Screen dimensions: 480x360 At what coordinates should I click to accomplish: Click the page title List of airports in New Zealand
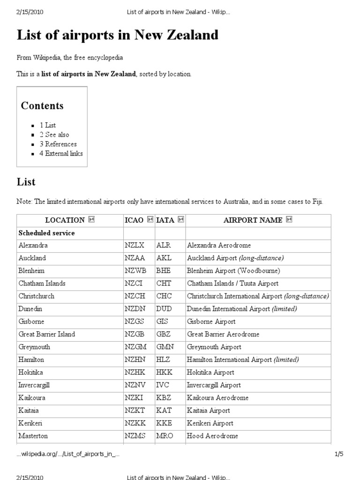[118, 36]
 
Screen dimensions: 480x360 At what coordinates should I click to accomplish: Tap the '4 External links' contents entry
[61, 153]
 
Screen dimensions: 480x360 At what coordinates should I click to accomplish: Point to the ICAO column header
[134, 220]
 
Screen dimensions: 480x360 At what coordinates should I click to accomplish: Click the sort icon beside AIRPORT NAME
[289, 220]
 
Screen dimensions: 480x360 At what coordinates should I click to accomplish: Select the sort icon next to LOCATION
[91, 220]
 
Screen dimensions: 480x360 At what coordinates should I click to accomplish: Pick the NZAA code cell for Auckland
[135, 258]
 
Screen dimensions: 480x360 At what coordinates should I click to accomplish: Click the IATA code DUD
[165, 309]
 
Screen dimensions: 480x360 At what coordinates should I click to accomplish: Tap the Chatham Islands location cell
[42, 284]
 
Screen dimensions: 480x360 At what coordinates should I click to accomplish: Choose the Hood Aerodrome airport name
[212, 436]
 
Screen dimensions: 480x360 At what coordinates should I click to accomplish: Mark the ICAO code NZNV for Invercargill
[135, 385]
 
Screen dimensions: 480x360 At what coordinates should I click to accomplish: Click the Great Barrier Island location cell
[46, 334]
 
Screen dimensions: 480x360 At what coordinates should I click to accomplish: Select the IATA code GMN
[165, 347]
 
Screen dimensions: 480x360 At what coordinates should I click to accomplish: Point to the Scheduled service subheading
[46, 232]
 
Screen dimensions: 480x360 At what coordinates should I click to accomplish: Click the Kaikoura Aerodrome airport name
[217, 398]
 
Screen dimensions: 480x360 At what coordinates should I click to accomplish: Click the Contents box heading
[42, 105]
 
